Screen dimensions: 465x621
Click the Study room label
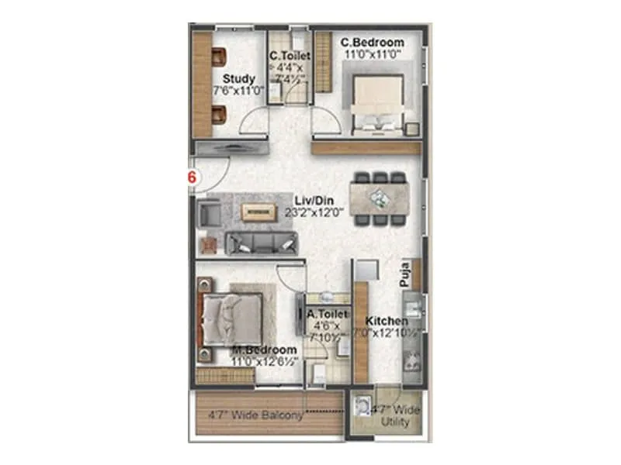[238, 79]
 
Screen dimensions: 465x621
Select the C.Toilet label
[290, 56]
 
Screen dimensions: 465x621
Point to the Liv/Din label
[308, 200]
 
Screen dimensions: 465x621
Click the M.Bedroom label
[263, 350]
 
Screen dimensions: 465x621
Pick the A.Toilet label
[326, 315]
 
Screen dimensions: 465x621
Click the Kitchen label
[387, 321]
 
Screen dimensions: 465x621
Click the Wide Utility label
[396, 422]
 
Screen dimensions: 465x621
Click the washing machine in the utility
[362, 406]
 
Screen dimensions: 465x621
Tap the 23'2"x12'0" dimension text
[313, 212]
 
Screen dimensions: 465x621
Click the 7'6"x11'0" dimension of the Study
[239, 91]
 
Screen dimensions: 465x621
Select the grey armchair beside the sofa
[209, 212]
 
